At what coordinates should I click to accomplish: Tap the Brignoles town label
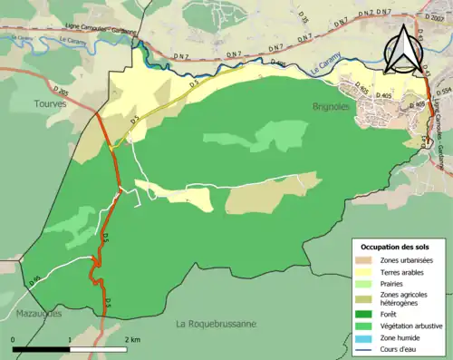[x=320, y=106]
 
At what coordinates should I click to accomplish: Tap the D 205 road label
[x=61, y=91]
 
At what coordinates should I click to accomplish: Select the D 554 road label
[x=443, y=92]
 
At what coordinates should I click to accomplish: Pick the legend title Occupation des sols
[x=397, y=247]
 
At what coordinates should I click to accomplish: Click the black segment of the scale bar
[x=42, y=348]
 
